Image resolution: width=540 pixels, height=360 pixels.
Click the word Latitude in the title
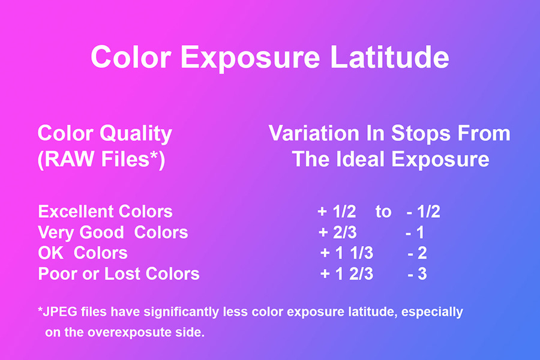(x=389, y=56)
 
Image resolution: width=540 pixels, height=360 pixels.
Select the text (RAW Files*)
(x=101, y=159)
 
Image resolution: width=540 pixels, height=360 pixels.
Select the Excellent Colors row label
(x=106, y=212)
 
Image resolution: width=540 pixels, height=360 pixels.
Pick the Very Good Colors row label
(x=113, y=233)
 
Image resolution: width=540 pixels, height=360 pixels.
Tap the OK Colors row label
(x=83, y=253)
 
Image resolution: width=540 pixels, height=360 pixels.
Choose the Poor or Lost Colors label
(x=119, y=274)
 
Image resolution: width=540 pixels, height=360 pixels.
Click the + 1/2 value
(x=337, y=212)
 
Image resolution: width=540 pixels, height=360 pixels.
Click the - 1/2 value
(x=423, y=212)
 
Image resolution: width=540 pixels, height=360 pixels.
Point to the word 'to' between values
(x=383, y=212)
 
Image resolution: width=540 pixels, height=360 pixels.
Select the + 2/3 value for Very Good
(x=337, y=233)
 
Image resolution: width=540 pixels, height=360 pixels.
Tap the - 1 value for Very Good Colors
(x=415, y=233)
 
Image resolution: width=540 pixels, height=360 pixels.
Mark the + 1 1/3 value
(x=347, y=253)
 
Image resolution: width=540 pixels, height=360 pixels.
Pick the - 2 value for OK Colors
(x=418, y=253)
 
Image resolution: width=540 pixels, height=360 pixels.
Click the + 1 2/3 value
(x=347, y=274)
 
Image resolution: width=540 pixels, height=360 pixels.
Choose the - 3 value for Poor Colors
(x=418, y=274)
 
